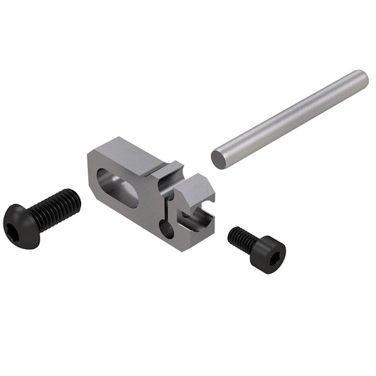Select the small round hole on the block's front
(166, 230)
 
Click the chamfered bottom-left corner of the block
(96, 193)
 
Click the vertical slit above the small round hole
(168, 208)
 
